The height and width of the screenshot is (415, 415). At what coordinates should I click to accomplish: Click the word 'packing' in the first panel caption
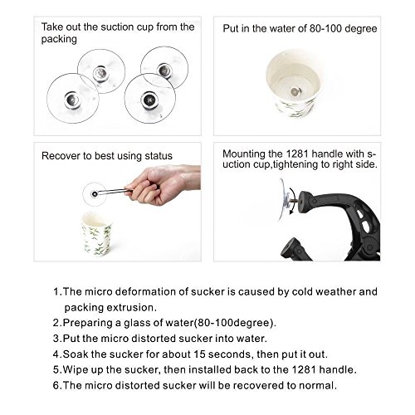tap(59, 39)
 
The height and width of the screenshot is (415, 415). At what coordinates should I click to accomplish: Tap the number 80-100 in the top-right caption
tap(325, 28)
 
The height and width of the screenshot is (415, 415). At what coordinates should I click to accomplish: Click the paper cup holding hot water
tap(294, 83)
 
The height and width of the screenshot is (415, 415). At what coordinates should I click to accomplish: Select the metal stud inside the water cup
tap(295, 91)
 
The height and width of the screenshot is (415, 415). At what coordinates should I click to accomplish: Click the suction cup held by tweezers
tap(95, 193)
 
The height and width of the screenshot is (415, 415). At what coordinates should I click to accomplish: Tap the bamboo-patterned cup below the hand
tap(97, 234)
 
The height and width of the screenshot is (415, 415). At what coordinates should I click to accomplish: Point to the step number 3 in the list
tap(56, 339)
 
